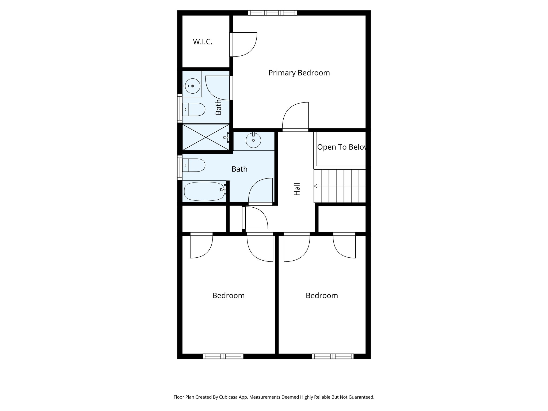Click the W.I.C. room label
tap(203, 42)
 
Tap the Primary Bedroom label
tap(299, 73)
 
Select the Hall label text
tap(297, 189)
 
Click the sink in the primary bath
tap(192, 86)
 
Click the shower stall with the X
tap(206, 137)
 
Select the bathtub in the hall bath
tap(204, 192)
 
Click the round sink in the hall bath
tap(253, 140)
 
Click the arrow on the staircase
tap(316, 186)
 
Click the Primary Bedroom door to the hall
tap(295, 116)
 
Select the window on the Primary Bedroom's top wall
tap(272, 13)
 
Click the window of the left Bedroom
tap(223, 356)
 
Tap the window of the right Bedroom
tap(333, 356)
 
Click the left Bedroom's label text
tap(228, 295)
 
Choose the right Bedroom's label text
tap(322, 295)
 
